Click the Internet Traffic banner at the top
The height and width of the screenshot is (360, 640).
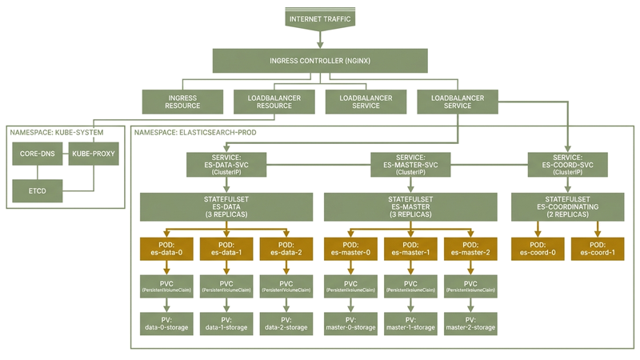coord(319,18)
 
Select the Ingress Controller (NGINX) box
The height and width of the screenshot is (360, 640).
coord(319,61)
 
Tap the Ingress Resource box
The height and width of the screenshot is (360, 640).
coord(182,102)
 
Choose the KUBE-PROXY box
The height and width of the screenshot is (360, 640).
coord(94,153)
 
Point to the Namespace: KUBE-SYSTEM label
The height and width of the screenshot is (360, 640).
coord(56,131)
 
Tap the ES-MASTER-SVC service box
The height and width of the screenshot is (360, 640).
coord(410,165)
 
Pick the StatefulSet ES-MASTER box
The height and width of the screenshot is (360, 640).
coord(410,206)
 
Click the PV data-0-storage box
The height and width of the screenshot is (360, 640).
coord(164,322)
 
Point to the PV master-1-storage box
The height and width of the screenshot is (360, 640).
coord(410,322)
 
